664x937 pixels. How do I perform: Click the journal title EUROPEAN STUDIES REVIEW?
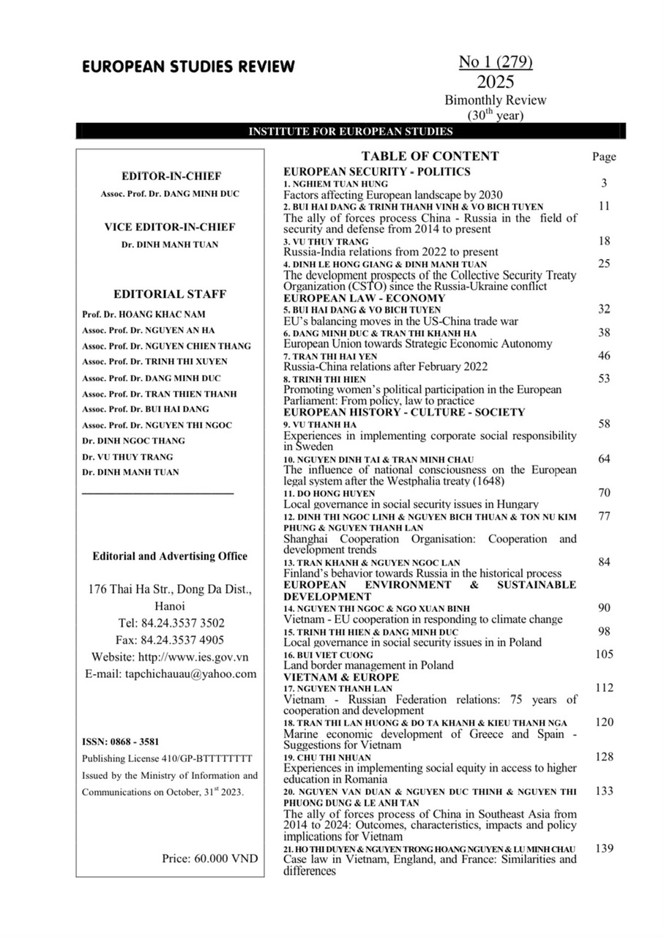tap(188, 67)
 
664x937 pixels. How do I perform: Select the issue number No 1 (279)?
tap(496, 63)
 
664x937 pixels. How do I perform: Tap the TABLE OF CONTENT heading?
tap(430, 156)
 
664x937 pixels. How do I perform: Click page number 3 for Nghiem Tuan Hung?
tap(604, 183)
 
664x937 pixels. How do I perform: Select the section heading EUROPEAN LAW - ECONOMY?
tap(364, 299)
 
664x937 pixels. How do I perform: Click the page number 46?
tap(604, 356)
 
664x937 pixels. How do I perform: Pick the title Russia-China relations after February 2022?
tap(385, 367)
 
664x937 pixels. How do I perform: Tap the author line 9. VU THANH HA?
tap(320, 424)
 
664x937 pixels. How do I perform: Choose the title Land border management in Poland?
tap(368, 665)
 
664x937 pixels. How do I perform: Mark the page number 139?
tap(604, 848)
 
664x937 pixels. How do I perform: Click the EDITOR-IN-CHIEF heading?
tap(171, 176)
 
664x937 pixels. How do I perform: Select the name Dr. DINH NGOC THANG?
tap(133, 441)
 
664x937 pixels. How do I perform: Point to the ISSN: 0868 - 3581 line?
tap(119, 741)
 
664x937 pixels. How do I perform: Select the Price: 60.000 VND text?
tap(210, 858)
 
